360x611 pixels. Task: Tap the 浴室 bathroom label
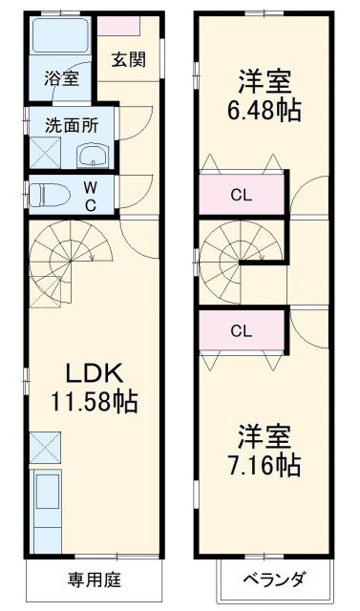tap(62, 79)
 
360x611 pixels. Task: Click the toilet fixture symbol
tap(47, 195)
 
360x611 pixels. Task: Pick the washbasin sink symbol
tap(94, 156)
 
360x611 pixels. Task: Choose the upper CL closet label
tap(243, 197)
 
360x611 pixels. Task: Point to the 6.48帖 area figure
tap(265, 110)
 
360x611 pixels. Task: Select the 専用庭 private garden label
tap(94, 579)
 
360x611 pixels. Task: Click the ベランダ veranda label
tap(274, 579)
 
